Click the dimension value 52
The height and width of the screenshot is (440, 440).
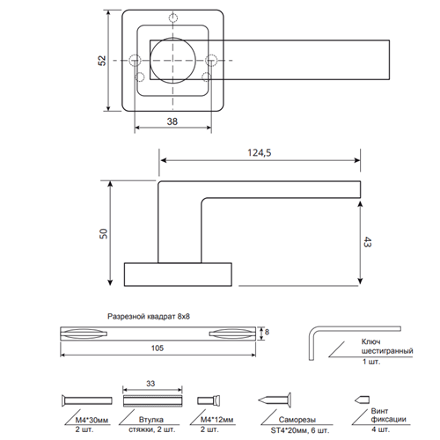pos(102,61)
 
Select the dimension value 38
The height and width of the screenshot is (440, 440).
pos(172,121)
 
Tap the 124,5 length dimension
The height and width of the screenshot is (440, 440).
pos(260,153)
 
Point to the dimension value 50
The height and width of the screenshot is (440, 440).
pos(104,233)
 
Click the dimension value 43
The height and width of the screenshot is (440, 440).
pos(367,242)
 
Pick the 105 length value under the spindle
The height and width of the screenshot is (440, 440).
pos(158,348)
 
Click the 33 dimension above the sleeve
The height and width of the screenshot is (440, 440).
pos(150,384)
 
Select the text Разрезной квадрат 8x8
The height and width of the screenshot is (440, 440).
pos(149,317)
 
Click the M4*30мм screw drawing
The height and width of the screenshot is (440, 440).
pos(87,400)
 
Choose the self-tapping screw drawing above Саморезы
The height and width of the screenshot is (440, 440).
pos(275,400)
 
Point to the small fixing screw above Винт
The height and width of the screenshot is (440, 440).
pos(362,400)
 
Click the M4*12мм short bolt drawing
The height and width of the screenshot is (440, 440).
pos(209,400)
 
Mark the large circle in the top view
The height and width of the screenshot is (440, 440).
pos(172,61)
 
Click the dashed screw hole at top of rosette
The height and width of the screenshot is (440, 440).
pos(173,18)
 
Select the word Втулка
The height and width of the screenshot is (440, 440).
pos(151,420)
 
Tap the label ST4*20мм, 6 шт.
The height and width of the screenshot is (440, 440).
pos(300,430)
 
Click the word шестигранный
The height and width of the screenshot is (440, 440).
pos(387,351)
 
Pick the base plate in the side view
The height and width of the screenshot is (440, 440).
pos(178,275)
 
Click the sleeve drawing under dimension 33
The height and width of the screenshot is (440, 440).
pos(152,401)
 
